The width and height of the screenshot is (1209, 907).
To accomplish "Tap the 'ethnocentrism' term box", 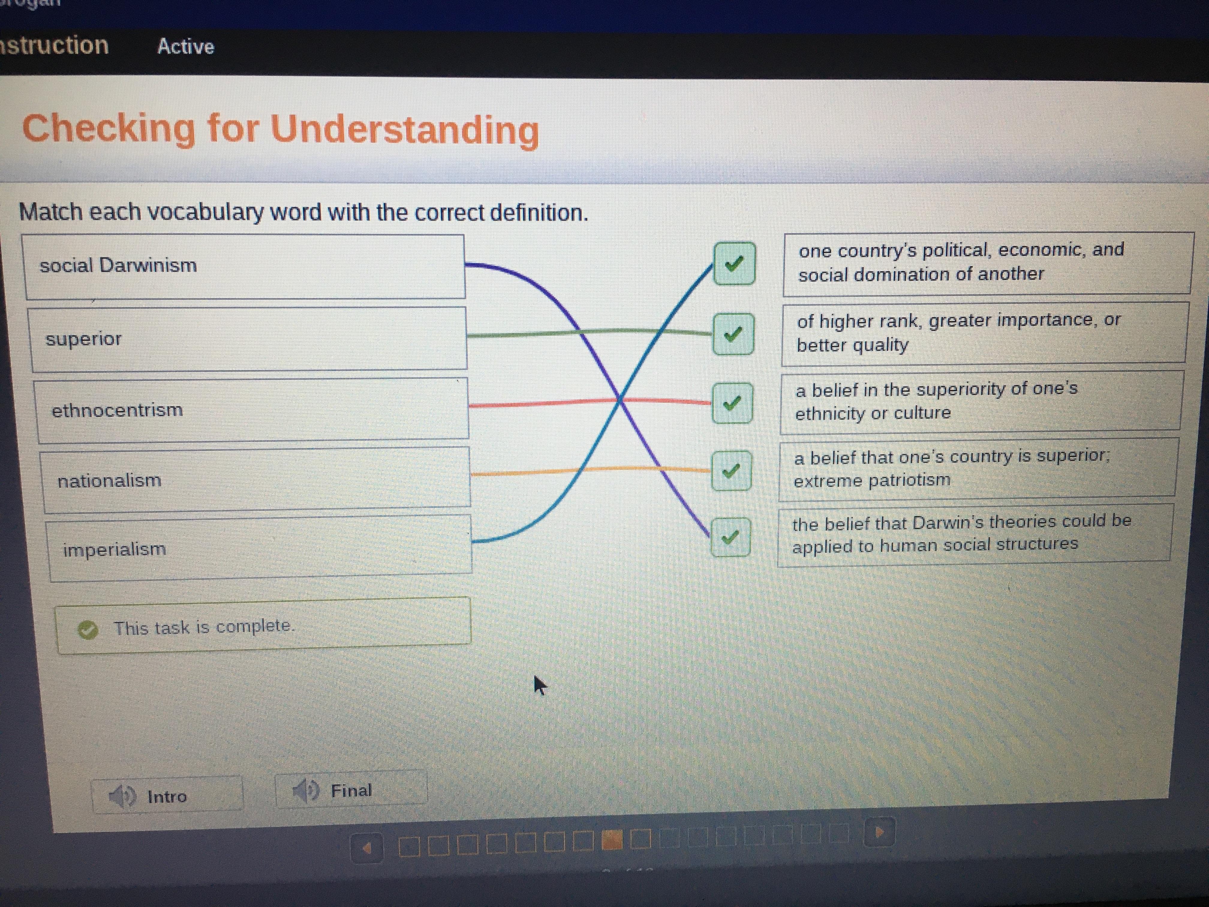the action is (x=251, y=409).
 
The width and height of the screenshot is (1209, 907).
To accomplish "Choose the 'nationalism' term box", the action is (x=255, y=479).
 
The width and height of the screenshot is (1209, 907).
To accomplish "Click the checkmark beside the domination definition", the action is (x=735, y=264).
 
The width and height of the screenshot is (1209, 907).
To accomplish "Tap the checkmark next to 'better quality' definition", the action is (x=733, y=334).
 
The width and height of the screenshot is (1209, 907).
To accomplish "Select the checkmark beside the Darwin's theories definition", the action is (x=730, y=537).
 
